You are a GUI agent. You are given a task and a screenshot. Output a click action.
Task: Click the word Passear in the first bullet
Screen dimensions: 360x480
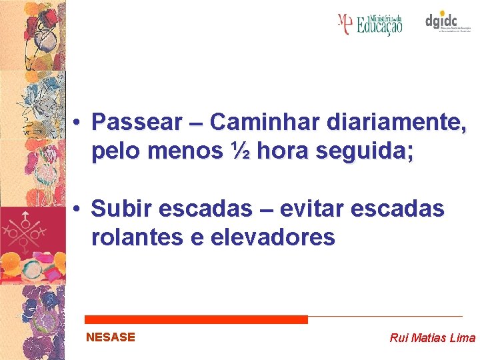tap(137, 123)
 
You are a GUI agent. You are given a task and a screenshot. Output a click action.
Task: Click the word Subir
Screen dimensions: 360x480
tap(123, 209)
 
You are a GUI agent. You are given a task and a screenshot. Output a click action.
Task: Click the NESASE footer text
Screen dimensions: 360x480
tap(111, 337)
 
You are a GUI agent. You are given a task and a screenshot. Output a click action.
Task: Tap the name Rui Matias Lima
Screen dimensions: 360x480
tap(432, 338)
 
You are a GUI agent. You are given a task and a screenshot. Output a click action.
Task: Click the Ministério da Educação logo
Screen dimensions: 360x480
tap(370, 24)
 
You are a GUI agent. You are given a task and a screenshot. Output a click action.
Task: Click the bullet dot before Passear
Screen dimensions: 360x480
tap(78, 123)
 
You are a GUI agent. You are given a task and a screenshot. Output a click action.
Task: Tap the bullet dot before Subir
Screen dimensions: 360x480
tap(78, 209)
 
